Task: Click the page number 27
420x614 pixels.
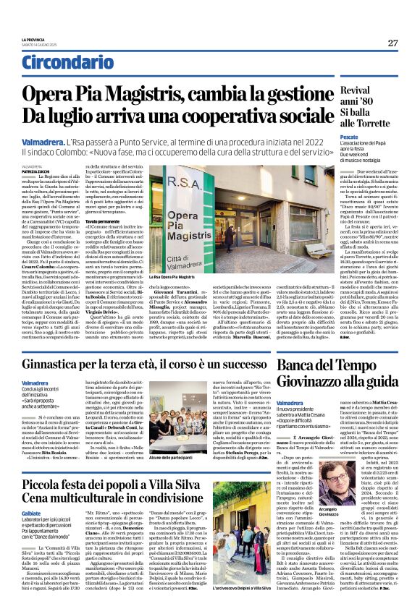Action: pyautogui.click(x=392, y=43)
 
